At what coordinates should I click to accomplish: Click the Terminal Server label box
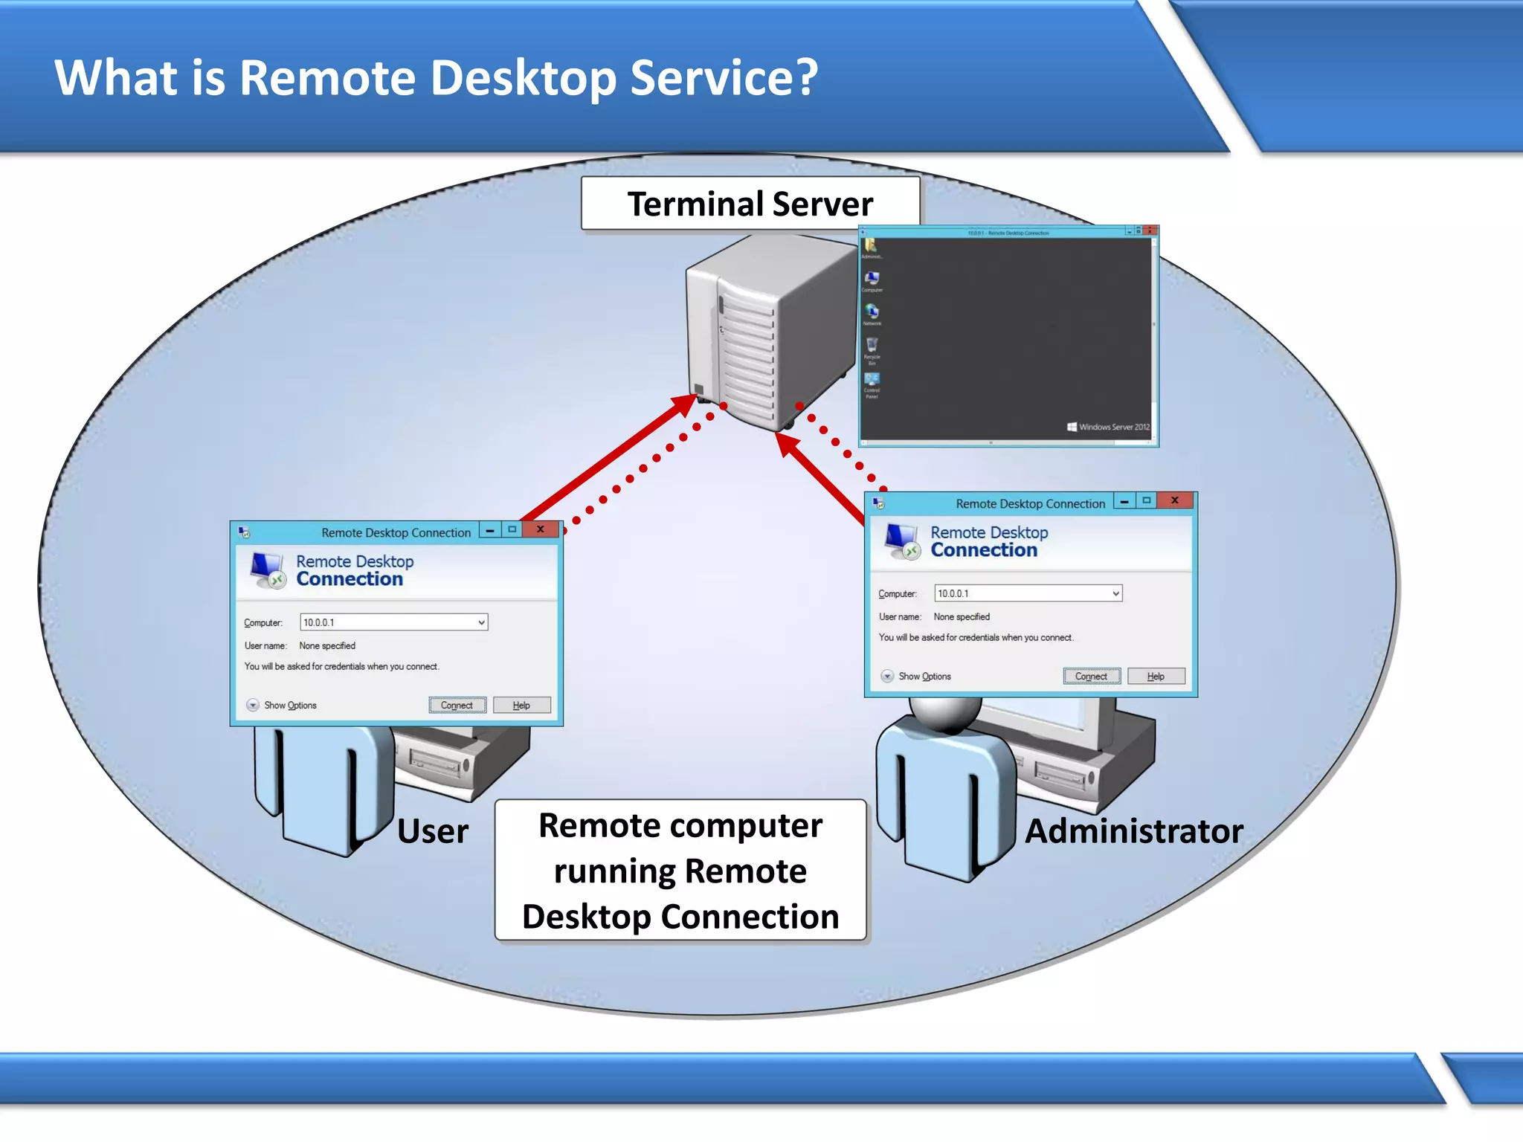click(750, 204)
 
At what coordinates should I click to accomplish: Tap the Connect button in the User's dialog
click(457, 705)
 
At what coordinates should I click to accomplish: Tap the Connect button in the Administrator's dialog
click(1091, 676)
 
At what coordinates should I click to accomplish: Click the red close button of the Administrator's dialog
click(1175, 500)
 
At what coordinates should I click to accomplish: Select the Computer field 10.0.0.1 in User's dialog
click(387, 622)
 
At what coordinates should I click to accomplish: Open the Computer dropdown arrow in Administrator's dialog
click(1115, 593)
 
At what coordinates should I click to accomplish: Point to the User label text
click(433, 831)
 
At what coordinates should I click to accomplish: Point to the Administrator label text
click(1133, 831)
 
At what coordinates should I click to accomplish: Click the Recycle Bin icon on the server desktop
click(872, 346)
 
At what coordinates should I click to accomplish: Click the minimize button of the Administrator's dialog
click(1124, 501)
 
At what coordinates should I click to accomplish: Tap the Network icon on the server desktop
click(872, 312)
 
